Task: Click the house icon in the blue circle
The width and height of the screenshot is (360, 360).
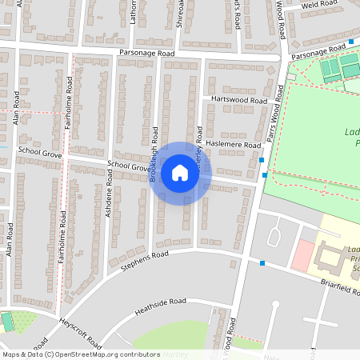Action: [180, 173]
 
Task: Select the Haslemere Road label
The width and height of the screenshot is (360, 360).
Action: [234, 145]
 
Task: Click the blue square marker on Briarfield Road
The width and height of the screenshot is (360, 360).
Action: [262, 262]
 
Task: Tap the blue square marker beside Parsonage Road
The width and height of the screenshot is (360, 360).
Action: [351, 41]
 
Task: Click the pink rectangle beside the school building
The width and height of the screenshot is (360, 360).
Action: [303, 255]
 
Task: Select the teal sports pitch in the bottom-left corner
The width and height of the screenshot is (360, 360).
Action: [7, 322]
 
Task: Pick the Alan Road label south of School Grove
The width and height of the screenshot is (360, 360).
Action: [10, 239]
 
